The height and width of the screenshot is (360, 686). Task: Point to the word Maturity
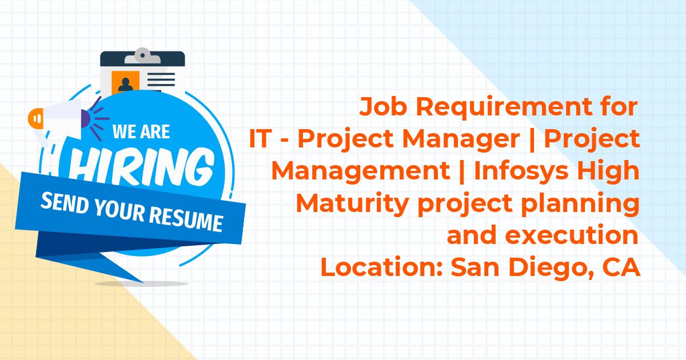click(353, 204)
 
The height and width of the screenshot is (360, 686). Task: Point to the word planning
click(580, 204)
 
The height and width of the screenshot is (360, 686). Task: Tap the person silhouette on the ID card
click(126, 84)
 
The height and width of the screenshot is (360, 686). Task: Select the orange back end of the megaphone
click(36, 118)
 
